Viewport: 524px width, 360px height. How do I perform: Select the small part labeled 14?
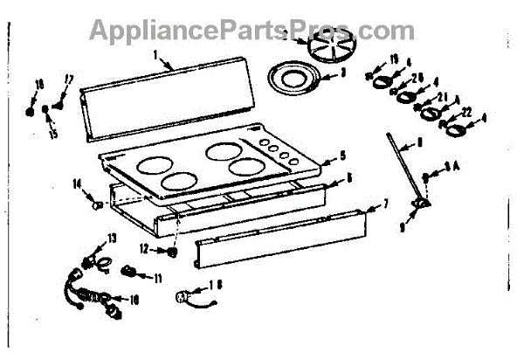click(98, 204)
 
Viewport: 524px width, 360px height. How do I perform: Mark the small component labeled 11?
click(132, 270)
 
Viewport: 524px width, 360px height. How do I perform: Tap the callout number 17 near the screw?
click(70, 80)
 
